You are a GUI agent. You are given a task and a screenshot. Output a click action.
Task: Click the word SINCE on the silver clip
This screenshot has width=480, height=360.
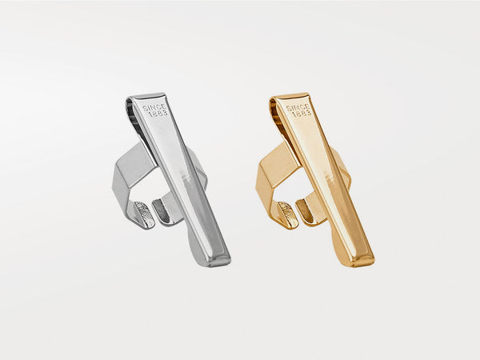point(154,107)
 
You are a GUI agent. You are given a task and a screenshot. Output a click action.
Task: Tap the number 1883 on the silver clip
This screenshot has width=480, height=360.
point(158,114)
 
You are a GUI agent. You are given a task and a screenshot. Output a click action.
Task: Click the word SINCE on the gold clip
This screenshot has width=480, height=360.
point(298,107)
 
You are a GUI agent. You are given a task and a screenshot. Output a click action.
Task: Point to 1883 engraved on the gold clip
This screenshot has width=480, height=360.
point(302,114)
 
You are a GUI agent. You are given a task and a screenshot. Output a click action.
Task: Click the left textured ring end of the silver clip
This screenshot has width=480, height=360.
point(145,214)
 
